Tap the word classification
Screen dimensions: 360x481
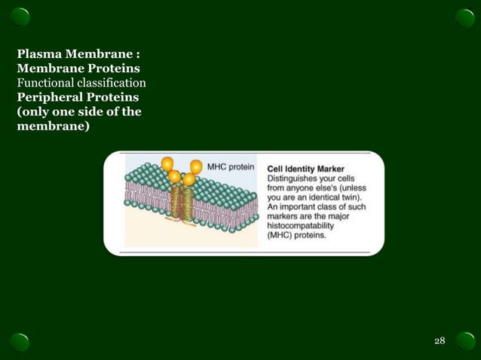[113, 82]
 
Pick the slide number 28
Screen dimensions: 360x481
[440, 342]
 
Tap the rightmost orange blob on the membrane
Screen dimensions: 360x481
[196, 166]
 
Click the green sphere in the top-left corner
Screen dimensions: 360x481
[20, 17]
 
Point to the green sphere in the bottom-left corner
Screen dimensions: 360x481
[20, 341]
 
